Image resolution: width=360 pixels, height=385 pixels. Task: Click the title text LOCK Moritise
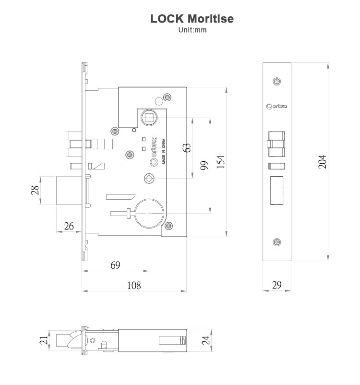[x=192, y=19]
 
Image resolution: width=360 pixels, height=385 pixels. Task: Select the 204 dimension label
[x=323, y=162]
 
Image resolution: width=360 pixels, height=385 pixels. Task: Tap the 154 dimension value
[x=220, y=162]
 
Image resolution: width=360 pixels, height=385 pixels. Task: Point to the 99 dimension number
[x=204, y=166]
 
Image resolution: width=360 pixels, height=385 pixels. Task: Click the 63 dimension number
[x=187, y=147]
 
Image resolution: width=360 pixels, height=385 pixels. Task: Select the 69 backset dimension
[x=115, y=265]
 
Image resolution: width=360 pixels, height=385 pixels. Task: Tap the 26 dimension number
[x=69, y=226]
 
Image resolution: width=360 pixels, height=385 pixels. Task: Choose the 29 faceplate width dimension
[x=276, y=285]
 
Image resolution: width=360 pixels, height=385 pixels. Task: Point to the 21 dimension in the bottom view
[x=43, y=341]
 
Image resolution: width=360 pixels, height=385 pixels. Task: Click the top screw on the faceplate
[x=276, y=82]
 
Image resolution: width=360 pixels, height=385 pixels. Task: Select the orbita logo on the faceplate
[x=276, y=106]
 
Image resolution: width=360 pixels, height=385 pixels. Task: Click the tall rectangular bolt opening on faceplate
[x=277, y=191]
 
